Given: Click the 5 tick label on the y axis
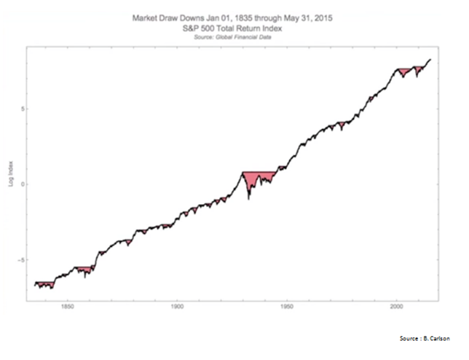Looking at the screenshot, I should click(x=24, y=109).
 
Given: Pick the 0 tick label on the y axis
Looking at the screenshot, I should click(x=24, y=184).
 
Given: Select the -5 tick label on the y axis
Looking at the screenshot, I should click(x=23, y=259).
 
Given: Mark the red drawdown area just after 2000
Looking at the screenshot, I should click(x=403, y=72).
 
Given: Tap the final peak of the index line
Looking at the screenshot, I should click(x=430, y=59).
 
